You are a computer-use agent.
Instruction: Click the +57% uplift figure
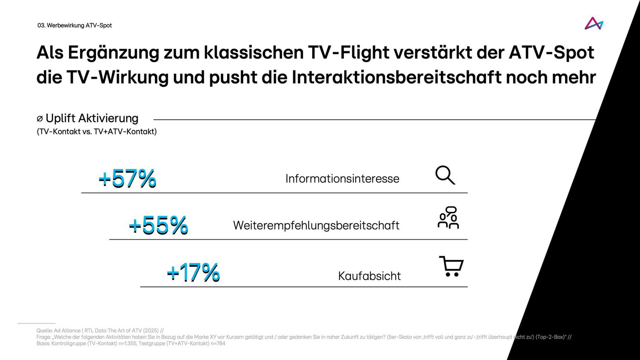127,178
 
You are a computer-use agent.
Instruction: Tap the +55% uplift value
158,225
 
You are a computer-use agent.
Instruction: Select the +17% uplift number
193,273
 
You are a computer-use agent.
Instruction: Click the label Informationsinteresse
342,178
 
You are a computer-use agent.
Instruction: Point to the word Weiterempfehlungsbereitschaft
316,226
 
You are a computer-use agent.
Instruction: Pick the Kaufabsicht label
369,276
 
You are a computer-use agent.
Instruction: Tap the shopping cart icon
451,266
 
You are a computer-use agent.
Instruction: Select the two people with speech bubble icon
448,218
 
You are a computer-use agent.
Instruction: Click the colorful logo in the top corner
594,24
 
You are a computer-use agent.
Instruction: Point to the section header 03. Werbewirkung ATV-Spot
75,26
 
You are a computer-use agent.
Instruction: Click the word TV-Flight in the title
342,53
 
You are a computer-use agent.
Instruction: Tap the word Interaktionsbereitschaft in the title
396,77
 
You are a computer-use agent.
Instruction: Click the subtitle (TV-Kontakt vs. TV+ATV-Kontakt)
96,132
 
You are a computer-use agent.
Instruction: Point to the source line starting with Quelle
100,330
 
